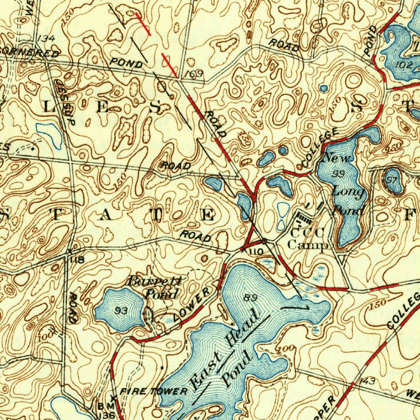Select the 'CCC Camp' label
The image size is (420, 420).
click(308, 239)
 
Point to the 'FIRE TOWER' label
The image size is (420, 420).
click(153, 392)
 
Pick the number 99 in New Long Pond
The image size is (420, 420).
click(339, 174)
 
